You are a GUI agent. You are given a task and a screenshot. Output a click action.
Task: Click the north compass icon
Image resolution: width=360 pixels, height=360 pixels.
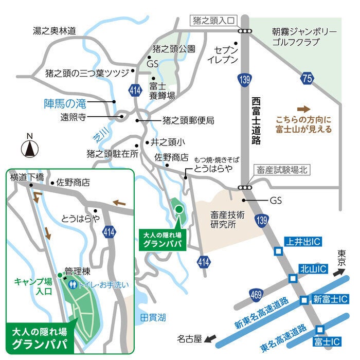(30, 148)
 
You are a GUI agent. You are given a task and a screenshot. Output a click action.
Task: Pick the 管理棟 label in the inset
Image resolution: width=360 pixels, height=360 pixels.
(78, 271)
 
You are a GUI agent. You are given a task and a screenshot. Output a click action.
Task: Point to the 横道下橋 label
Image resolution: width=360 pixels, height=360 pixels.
(27, 177)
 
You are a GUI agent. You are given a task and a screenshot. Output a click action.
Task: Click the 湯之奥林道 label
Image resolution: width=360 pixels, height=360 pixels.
(54, 31)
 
